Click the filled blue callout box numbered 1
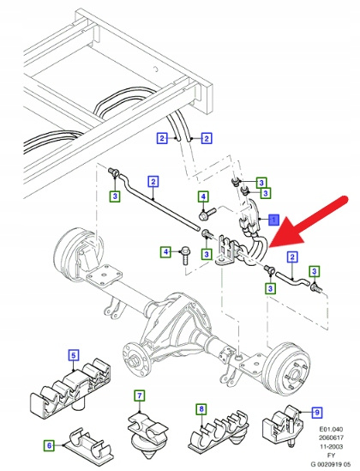[273, 220]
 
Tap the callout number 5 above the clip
[74, 355]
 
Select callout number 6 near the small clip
[49, 445]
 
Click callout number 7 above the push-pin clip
[139, 396]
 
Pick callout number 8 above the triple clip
[201, 409]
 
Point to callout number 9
[317, 413]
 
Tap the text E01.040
[331, 429]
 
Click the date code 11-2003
[331, 446]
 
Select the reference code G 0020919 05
[330, 464]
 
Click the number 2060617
[331, 438]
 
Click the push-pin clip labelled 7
[147, 432]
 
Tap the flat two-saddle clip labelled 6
[89, 444]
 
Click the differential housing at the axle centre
[174, 326]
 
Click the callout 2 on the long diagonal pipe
[153, 181]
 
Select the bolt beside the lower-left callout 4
[184, 256]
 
